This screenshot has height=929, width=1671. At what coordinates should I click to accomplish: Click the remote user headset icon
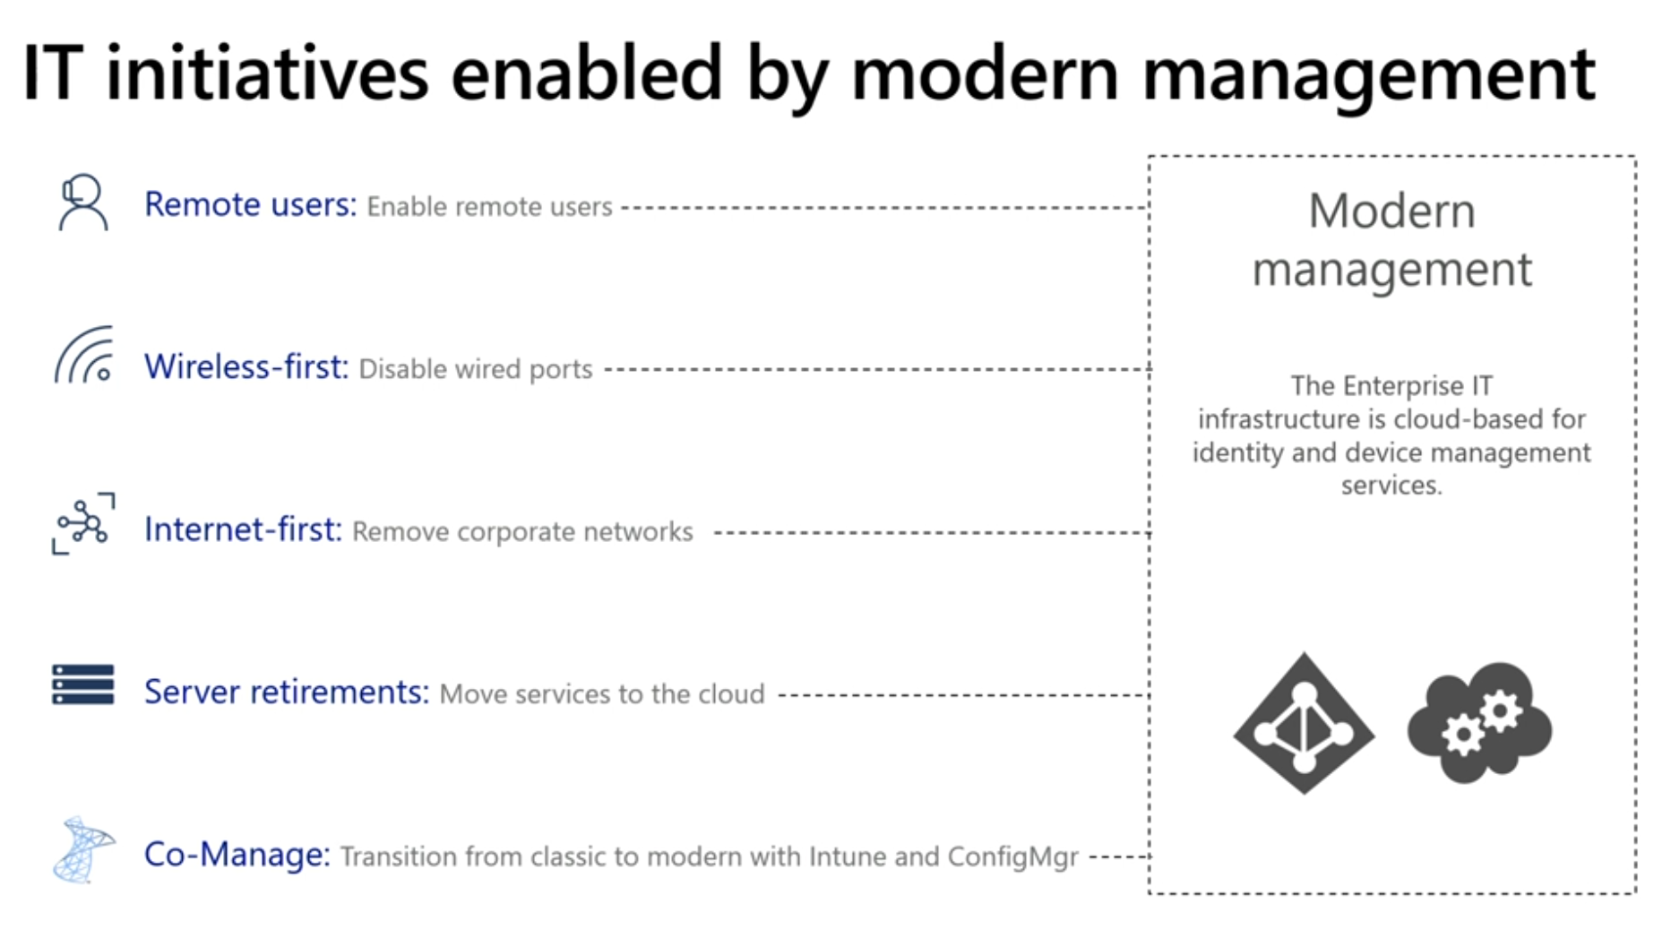(x=83, y=202)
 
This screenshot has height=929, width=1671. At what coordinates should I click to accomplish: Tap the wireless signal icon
(x=84, y=355)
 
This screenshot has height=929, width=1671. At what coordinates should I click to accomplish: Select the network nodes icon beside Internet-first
(x=83, y=523)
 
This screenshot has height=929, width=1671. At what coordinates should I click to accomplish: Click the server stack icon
(x=83, y=684)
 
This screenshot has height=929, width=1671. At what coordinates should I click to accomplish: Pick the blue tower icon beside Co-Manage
(x=83, y=850)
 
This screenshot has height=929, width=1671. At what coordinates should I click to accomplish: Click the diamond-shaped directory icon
(x=1304, y=723)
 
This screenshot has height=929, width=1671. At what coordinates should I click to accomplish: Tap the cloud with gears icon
(x=1479, y=723)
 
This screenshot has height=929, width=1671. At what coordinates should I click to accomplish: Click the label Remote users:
(x=251, y=205)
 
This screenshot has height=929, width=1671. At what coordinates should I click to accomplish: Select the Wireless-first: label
(x=246, y=366)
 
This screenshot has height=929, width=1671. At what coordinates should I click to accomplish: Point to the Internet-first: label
(x=243, y=529)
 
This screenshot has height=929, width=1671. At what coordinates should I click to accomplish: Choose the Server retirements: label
(x=287, y=692)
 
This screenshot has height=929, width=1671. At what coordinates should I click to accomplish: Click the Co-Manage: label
(x=237, y=855)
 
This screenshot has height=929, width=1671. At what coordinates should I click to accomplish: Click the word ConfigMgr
(x=1012, y=857)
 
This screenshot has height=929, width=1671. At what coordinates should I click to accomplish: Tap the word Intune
(x=847, y=856)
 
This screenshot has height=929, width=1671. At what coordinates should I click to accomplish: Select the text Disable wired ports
(x=476, y=369)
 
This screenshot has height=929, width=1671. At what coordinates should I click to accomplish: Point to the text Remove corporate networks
(x=522, y=532)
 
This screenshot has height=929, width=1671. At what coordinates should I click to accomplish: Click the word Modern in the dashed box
(x=1391, y=211)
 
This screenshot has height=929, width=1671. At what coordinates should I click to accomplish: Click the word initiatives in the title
(x=268, y=73)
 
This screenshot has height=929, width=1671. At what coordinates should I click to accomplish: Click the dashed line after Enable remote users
(x=884, y=208)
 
